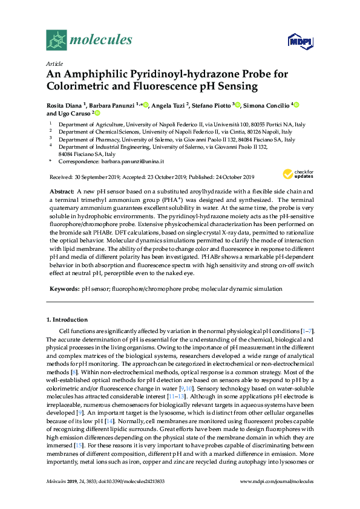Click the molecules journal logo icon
coord(56,40)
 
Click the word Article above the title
coord(53,63)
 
